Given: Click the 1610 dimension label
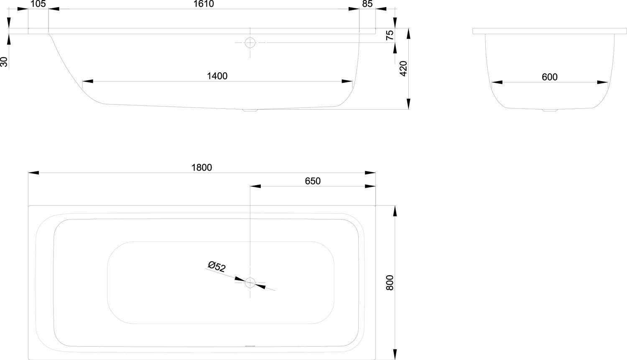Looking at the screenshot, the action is click(x=204, y=4).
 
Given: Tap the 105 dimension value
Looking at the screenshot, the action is click(x=38, y=4).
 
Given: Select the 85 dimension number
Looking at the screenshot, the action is click(x=367, y=4).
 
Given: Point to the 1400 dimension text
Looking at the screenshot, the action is click(x=217, y=76).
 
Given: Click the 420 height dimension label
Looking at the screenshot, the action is click(x=403, y=69).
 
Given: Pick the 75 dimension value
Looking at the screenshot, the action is click(x=390, y=35).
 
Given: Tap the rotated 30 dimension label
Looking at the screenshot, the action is click(x=4, y=62).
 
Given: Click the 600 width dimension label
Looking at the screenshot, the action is click(x=550, y=77).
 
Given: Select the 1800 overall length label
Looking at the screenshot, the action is click(x=201, y=167).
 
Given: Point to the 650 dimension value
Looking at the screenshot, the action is click(x=313, y=181).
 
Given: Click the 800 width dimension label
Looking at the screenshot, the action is click(x=390, y=283).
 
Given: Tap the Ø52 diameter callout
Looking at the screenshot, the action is click(x=217, y=266).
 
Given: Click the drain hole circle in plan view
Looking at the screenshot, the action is click(x=250, y=283).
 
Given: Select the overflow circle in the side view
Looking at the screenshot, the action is click(x=250, y=43).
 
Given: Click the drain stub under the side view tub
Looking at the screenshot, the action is click(x=250, y=110).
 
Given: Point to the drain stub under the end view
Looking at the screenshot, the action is click(x=550, y=110).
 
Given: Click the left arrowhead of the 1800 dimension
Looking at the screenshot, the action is click(x=33, y=173).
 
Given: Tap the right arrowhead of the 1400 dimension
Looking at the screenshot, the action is click(x=347, y=82).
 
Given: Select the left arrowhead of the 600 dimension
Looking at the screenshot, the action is click(x=497, y=82).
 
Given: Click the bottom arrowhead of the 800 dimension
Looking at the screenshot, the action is click(x=395, y=355).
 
